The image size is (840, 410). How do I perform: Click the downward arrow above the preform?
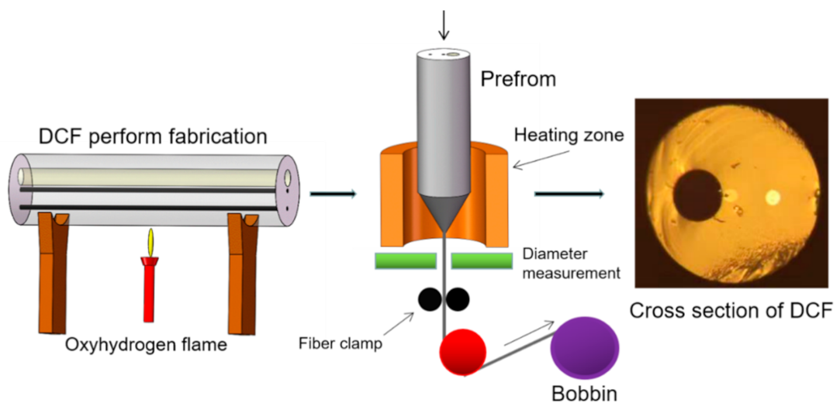pos(444,23)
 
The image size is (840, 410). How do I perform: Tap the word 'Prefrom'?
pos(518,78)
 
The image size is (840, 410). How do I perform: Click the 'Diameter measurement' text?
pos(571,264)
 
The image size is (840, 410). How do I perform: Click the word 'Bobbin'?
pos(585,393)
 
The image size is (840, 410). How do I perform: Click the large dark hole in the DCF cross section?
pos(697,195)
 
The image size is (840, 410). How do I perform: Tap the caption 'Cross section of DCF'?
pos(731,312)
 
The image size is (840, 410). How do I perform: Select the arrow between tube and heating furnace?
pos(333,192)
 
